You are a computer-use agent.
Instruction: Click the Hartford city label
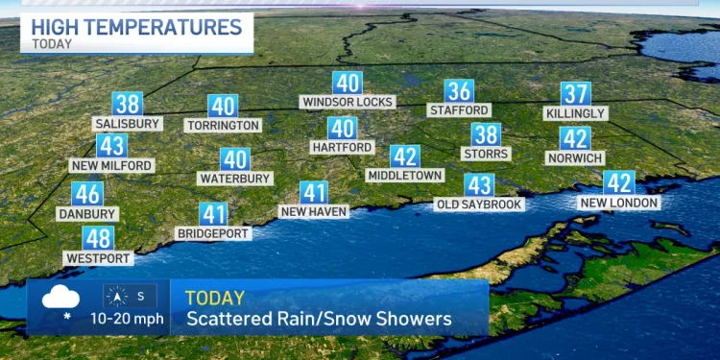click(342, 147)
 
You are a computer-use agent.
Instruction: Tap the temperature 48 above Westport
click(98, 238)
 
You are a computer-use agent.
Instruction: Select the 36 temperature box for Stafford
click(460, 91)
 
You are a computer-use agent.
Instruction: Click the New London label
click(619, 203)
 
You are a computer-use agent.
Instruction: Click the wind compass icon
click(115, 297)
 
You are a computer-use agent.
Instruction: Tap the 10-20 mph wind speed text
click(127, 319)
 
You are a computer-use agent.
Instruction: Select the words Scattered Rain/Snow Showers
click(318, 319)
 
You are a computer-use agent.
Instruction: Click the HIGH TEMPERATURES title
click(136, 25)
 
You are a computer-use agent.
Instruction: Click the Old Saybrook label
click(479, 204)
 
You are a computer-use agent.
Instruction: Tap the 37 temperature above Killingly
click(575, 93)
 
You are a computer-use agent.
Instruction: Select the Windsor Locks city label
click(347, 101)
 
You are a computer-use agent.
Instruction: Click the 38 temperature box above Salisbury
click(127, 104)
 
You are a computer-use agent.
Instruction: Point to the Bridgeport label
click(213, 233)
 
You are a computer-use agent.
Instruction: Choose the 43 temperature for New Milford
click(111, 146)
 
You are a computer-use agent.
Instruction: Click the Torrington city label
click(224, 125)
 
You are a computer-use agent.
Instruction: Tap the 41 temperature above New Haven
click(314, 192)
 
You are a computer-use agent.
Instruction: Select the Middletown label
click(405, 176)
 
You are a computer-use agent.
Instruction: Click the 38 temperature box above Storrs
click(485, 134)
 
